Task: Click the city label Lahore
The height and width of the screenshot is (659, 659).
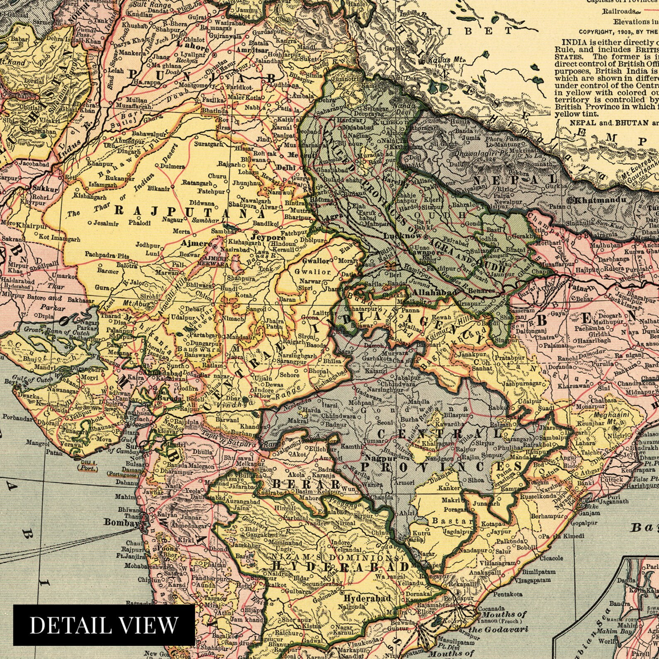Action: (193, 47)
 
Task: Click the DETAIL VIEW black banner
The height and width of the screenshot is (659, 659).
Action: (104, 625)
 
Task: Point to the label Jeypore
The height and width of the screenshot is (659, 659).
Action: (268, 238)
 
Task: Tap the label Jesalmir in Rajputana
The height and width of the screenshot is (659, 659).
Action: (106, 223)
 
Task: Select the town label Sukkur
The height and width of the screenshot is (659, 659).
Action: (46, 188)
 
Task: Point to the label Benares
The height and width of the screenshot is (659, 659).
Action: (482, 291)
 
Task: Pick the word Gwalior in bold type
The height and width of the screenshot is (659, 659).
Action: (315, 261)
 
